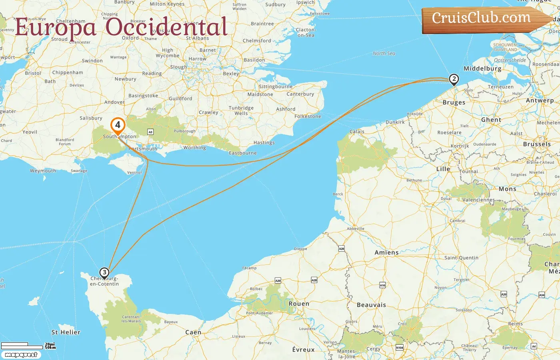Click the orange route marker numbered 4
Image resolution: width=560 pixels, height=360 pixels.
[x=118, y=125]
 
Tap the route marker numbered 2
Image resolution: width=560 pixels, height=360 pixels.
[x=454, y=79]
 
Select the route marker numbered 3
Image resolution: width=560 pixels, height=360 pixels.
[x=104, y=273]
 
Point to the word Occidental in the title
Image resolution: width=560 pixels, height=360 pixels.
[x=166, y=27]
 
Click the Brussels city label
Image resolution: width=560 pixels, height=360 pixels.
[x=537, y=144]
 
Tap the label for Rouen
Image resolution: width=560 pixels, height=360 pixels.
[x=299, y=304]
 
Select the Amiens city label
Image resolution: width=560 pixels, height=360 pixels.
[x=386, y=252]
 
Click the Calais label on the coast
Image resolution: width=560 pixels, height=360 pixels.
[x=357, y=131]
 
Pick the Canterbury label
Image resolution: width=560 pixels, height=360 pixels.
[x=300, y=94]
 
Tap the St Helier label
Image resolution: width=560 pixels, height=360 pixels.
[x=66, y=332]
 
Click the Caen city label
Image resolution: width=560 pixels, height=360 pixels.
[x=193, y=332]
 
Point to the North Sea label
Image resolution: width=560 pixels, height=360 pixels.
[x=384, y=53]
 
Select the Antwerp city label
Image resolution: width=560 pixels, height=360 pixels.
[x=540, y=100]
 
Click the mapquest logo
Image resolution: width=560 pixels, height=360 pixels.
[x=21, y=355]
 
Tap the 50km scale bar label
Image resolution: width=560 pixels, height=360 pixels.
[x=50, y=347]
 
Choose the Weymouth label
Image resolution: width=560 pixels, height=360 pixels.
[x=43, y=171]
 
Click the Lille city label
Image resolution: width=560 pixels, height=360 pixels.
[x=443, y=169]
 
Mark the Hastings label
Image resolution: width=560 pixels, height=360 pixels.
[x=264, y=142]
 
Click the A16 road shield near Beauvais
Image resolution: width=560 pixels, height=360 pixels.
[x=382, y=285]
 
